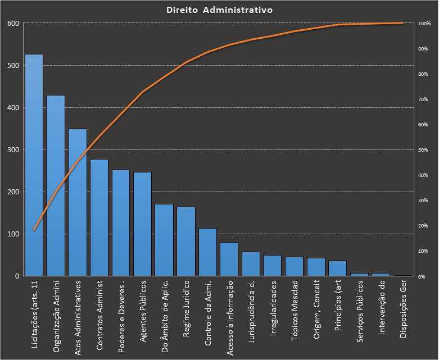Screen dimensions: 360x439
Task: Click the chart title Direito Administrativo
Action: coord(219,10)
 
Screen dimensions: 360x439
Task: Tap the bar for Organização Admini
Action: coord(56,185)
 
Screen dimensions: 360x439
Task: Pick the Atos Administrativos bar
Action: coord(78,202)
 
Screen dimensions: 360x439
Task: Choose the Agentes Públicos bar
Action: coord(142,224)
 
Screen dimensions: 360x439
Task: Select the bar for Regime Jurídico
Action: coord(186,241)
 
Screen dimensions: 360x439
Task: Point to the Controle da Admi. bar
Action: coord(207,252)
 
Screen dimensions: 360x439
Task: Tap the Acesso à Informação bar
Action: coord(229,259)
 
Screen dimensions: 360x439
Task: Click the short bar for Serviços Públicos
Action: coord(359,275)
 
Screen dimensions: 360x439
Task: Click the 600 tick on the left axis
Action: coord(13,23)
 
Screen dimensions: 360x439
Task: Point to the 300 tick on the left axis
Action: coord(13,149)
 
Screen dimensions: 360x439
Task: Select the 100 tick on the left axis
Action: coord(13,234)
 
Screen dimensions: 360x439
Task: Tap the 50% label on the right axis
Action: coord(424,150)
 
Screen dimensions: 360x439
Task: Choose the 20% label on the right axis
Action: coord(424,226)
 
